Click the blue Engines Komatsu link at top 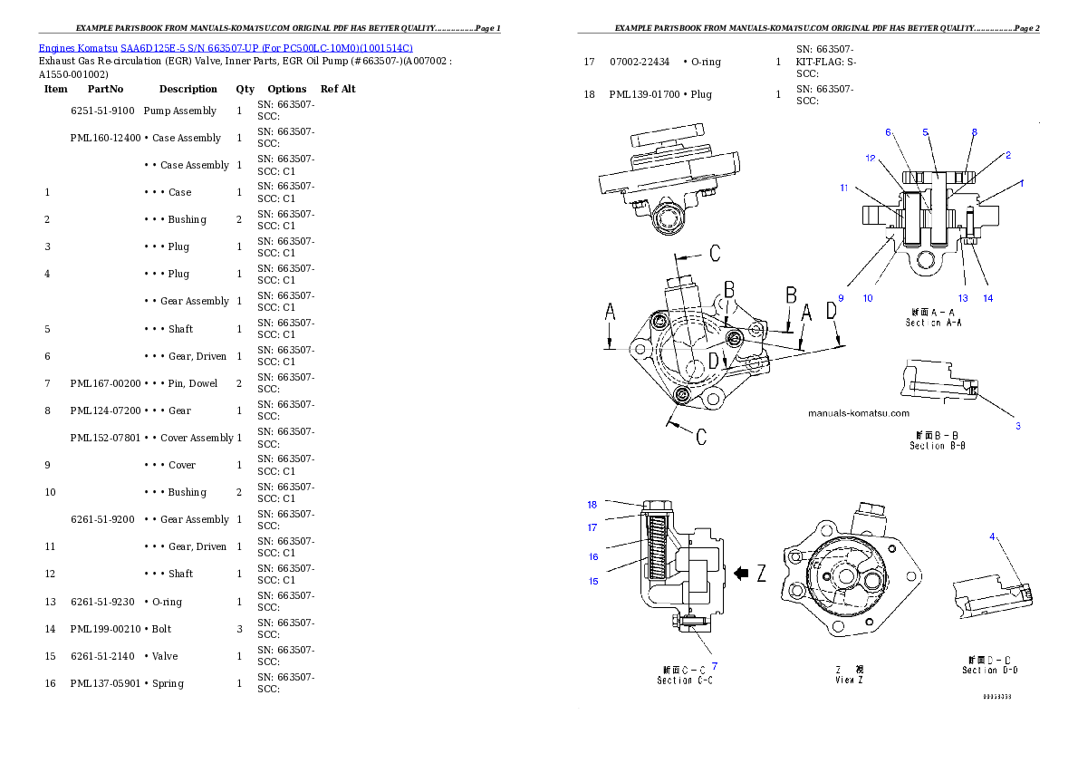pyautogui.click(x=226, y=48)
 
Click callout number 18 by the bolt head pyautogui.click(x=592, y=505)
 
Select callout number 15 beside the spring pyautogui.click(x=593, y=581)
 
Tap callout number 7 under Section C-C pyautogui.click(x=714, y=665)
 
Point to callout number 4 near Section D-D pyautogui.click(x=992, y=536)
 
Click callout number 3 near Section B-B pyautogui.click(x=1017, y=425)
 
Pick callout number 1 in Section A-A pyautogui.click(x=1021, y=183)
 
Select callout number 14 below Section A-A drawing pyautogui.click(x=987, y=297)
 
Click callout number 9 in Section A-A pyautogui.click(x=841, y=297)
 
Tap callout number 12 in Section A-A pyautogui.click(x=870, y=158)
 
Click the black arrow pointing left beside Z pyautogui.click(x=741, y=573)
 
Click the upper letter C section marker pyautogui.click(x=714, y=253)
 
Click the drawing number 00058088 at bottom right pyautogui.click(x=996, y=697)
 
